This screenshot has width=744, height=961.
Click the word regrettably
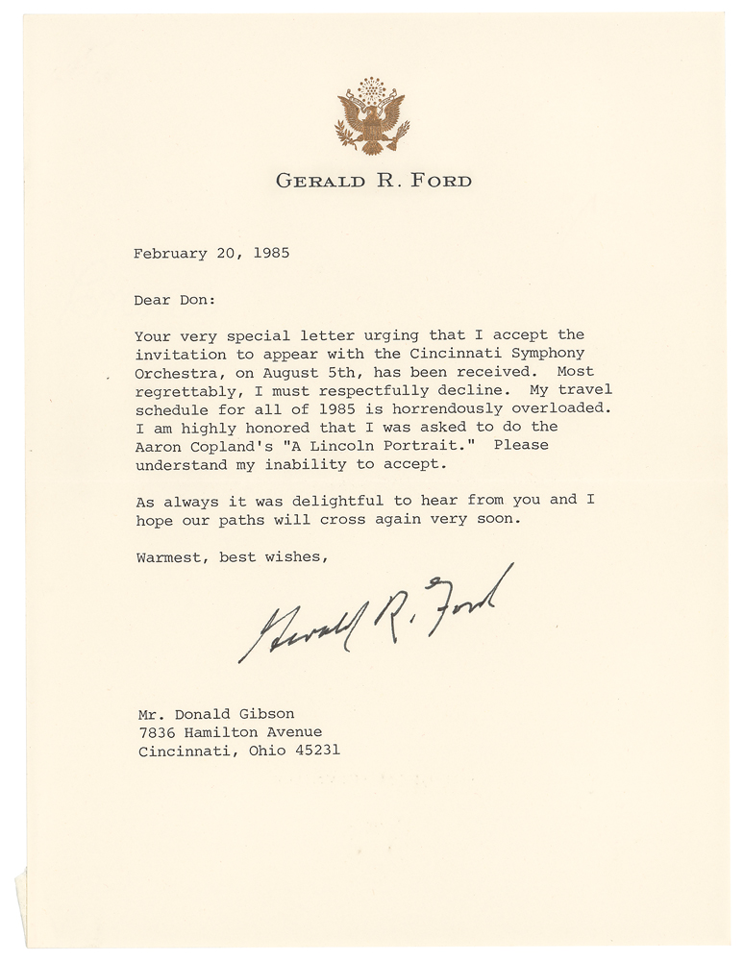click(188, 390)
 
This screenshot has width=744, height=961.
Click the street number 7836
click(156, 731)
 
